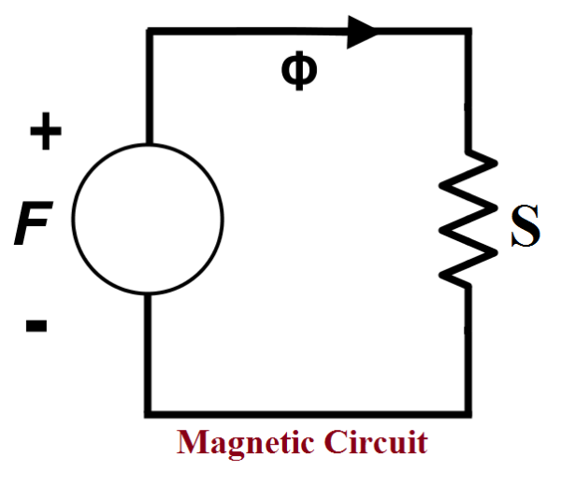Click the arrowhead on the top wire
(x=363, y=31)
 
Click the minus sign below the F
(x=36, y=326)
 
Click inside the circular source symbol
(x=148, y=219)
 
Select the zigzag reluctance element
(x=468, y=218)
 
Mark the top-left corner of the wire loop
(x=149, y=32)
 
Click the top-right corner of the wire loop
(x=467, y=32)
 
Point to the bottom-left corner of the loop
(x=149, y=412)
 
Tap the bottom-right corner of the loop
(x=467, y=412)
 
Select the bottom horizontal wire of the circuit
(x=309, y=412)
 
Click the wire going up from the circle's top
(x=149, y=89)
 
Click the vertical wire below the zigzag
(x=467, y=350)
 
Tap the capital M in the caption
(x=190, y=442)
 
